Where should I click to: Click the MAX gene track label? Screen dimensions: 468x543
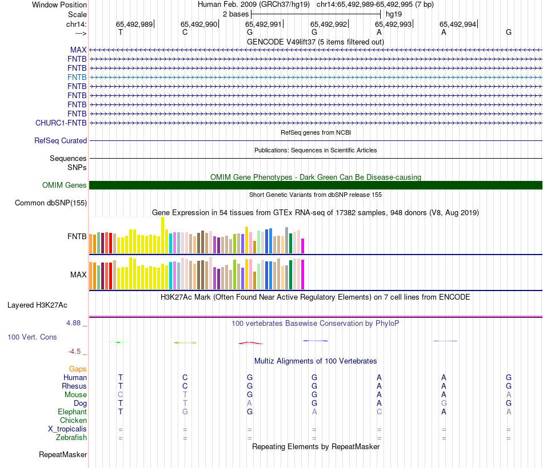click(78, 50)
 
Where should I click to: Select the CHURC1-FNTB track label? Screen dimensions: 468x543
click(61, 123)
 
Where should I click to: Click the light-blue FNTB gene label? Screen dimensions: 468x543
click(77, 77)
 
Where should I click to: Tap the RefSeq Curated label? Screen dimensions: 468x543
click(61, 140)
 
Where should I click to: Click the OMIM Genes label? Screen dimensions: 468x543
click(65, 185)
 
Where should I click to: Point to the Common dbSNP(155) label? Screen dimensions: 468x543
click(51, 203)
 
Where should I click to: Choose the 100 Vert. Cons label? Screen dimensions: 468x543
click(32, 337)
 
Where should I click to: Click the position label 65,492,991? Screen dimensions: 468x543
click(263, 24)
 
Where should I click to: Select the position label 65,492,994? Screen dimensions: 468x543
click(458, 24)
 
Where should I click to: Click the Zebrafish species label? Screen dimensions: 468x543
click(71, 438)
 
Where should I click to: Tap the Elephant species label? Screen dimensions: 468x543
click(72, 412)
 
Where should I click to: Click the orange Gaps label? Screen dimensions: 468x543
click(78, 369)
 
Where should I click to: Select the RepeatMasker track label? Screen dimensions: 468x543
click(63, 455)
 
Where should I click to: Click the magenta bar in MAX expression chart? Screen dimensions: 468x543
click(303, 275)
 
